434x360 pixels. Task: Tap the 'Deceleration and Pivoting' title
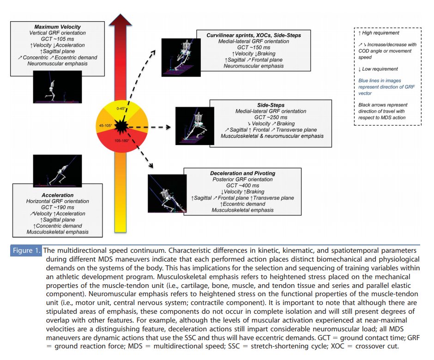coord(242,173)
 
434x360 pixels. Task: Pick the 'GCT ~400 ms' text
coord(242,186)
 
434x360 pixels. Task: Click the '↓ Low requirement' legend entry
coord(378,69)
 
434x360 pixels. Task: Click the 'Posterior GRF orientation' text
coord(242,179)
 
